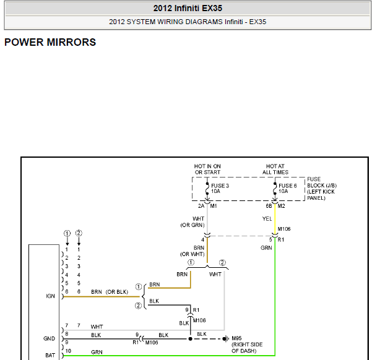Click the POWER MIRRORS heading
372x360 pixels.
pyautogui.click(x=50, y=42)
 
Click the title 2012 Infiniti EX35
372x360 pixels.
pyautogui.click(x=188, y=8)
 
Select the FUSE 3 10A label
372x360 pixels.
pyautogui.click(x=220, y=188)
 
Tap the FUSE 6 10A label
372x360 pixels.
pyautogui.click(x=288, y=188)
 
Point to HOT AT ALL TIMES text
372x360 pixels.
pyautogui.click(x=275, y=169)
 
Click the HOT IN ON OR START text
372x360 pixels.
pyautogui.click(x=207, y=169)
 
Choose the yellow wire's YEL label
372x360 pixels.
pyautogui.click(x=267, y=218)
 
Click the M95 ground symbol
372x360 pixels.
pyautogui.click(x=225, y=338)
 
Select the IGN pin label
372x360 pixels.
pyautogui.click(x=50, y=296)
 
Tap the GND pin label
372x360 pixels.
pyautogui.click(x=49, y=338)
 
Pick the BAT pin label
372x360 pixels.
pyautogui.click(x=50, y=355)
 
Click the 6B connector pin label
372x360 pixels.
pyautogui.click(x=269, y=206)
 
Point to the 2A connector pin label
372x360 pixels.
pyautogui.click(x=201, y=206)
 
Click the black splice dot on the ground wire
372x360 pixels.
pyautogui.click(x=190, y=339)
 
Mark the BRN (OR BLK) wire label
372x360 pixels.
pyautogui.click(x=110, y=292)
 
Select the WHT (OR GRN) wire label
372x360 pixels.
pyautogui.click(x=192, y=221)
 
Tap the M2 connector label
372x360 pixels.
pyautogui.click(x=282, y=206)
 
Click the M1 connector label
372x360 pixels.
pyautogui.click(x=214, y=206)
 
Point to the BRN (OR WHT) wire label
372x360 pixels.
pyautogui.click(x=192, y=251)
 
